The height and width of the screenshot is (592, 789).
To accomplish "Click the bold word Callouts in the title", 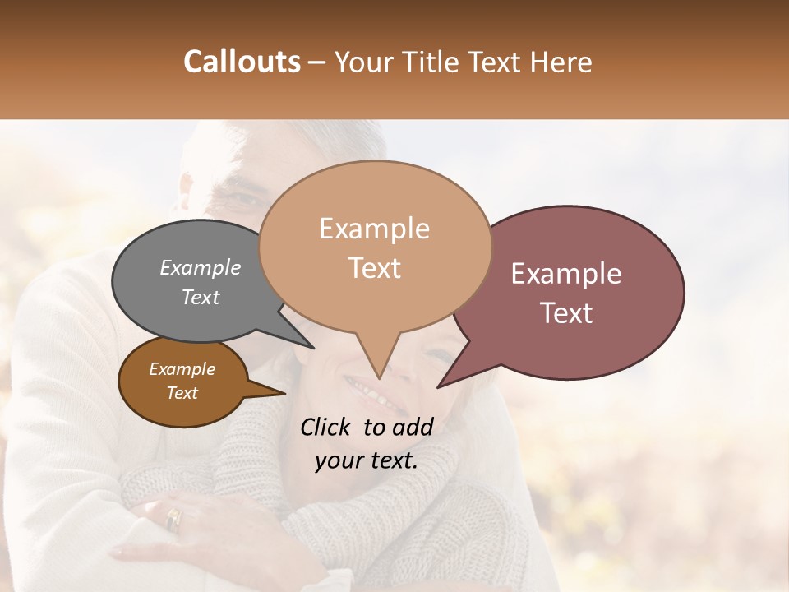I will tap(242, 62).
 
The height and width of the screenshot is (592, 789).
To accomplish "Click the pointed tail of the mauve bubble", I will tap(439, 386).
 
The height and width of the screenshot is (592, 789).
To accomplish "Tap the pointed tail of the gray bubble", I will tap(311, 347).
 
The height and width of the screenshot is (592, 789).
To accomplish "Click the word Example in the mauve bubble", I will tap(566, 274).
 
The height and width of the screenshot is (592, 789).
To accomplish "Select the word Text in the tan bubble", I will tap(375, 268).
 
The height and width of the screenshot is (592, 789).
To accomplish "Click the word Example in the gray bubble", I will tap(201, 267).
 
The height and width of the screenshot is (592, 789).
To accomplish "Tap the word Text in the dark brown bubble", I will tap(182, 393).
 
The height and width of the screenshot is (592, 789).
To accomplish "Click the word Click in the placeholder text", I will tap(327, 427).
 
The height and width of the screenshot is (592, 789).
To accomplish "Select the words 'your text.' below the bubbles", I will tap(366, 460).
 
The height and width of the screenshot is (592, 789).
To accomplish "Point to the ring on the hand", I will tap(173, 519).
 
